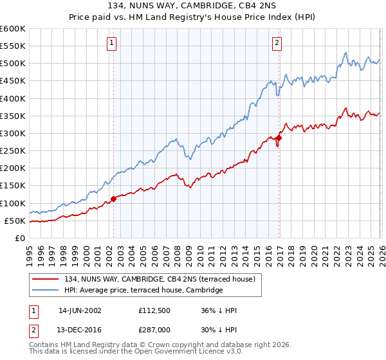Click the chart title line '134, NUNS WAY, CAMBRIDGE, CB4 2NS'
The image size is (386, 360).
point(193,6)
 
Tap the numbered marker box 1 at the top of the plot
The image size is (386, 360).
point(111,43)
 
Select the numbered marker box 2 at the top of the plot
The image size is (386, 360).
point(277,43)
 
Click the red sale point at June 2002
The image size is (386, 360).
point(114,199)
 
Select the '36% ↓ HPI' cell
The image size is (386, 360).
point(219,310)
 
